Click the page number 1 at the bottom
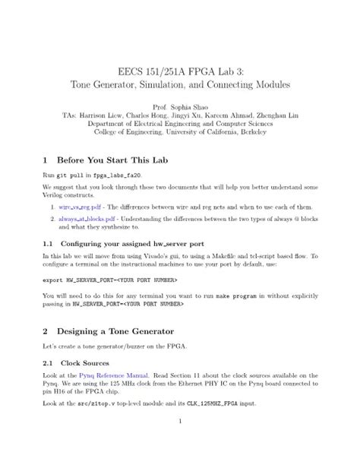(179, 421)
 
